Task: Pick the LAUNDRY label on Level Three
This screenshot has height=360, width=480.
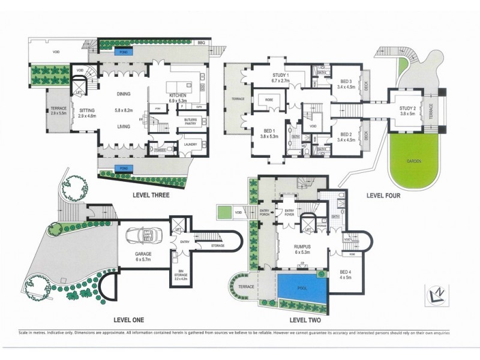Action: click(x=191, y=144)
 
